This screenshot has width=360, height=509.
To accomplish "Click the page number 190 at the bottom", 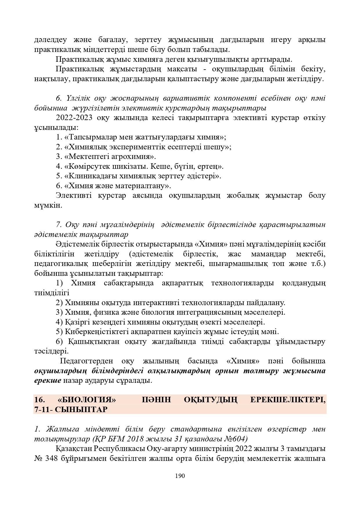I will coord(180,476).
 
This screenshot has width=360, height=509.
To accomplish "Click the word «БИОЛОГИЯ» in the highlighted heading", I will coord(87,400).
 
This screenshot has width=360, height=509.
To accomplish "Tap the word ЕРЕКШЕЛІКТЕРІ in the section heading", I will coord(287,400).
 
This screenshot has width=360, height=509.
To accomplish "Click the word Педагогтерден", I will coord(86,361).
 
